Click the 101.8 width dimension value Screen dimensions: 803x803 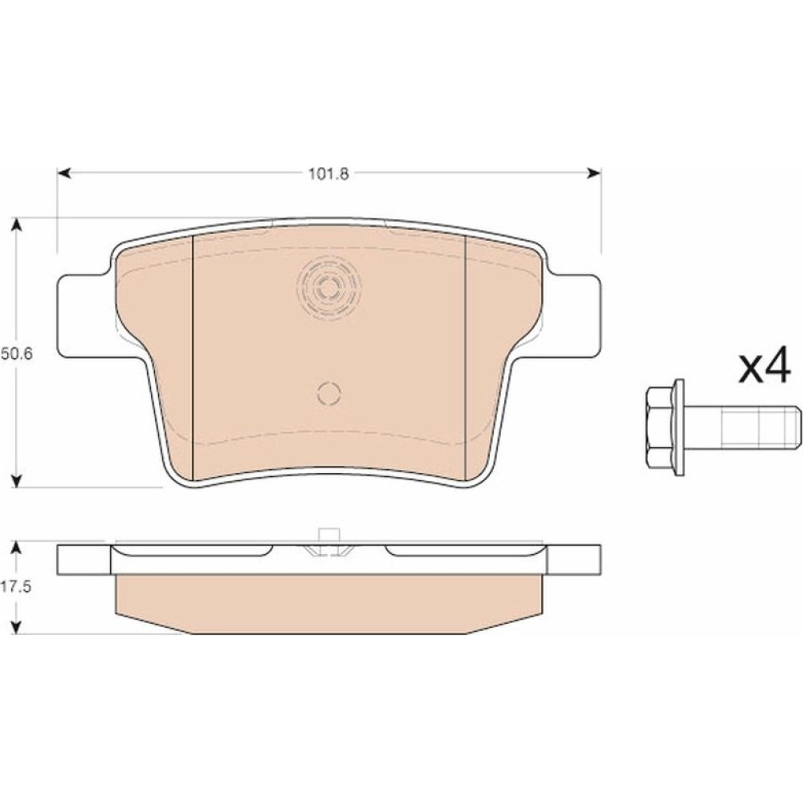(x=328, y=174)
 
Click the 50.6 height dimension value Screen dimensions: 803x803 (x=16, y=354)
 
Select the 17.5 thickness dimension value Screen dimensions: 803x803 (x=16, y=587)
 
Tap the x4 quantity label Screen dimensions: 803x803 (x=764, y=365)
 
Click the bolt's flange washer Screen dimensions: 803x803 (x=679, y=427)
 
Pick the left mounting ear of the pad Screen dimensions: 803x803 (x=84, y=316)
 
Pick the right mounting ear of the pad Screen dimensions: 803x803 (x=573, y=316)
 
